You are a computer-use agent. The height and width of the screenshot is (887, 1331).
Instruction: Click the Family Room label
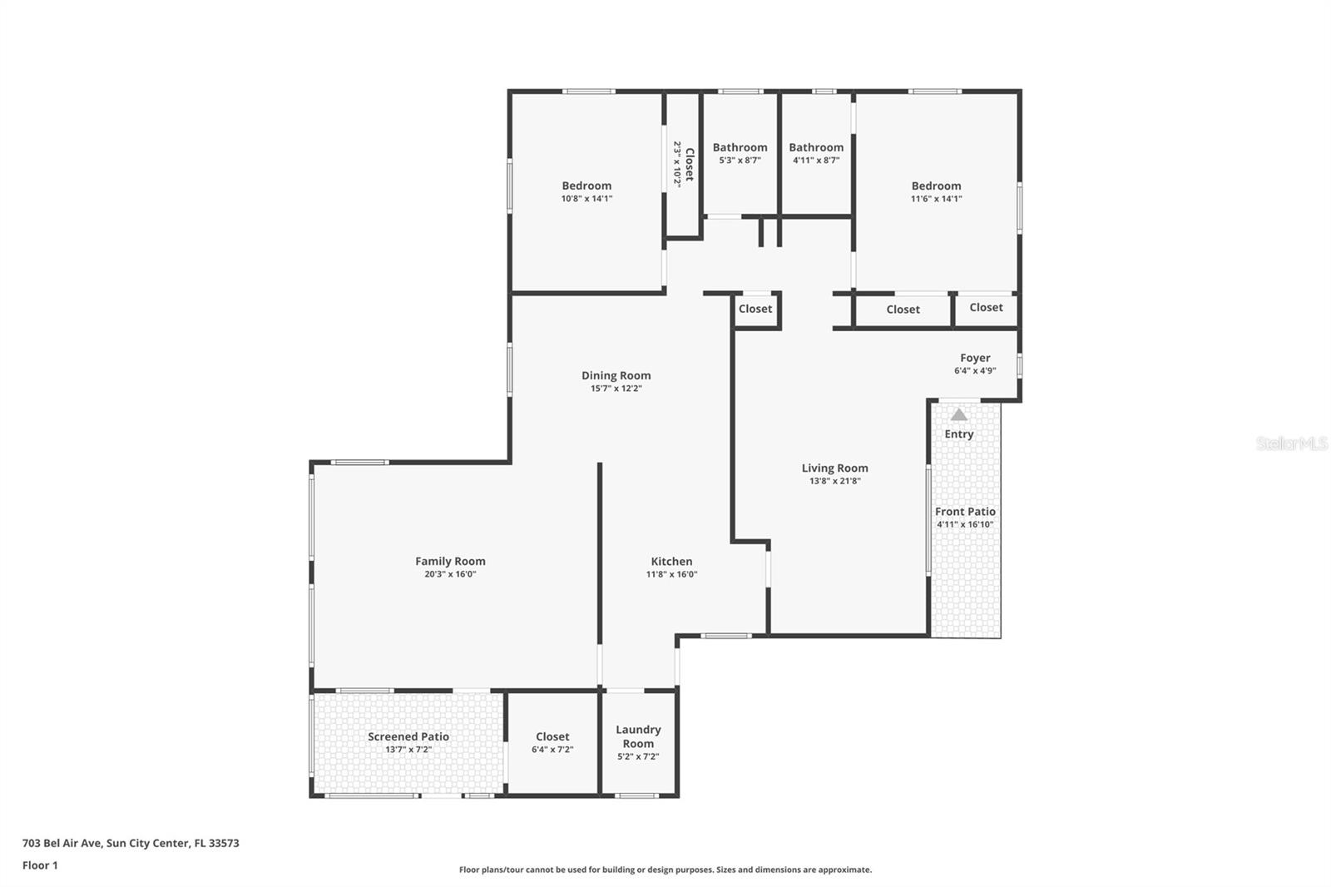tap(450, 561)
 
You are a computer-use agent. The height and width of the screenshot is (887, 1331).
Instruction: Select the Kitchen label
tap(671, 561)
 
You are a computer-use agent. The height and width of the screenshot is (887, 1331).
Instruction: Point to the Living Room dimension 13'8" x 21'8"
tap(834, 481)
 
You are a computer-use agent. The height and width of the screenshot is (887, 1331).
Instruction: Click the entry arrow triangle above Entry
tap(959, 414)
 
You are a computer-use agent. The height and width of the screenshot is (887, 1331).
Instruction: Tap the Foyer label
tap(975, 358)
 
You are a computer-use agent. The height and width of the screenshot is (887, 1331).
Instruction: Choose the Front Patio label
tap(965, 512)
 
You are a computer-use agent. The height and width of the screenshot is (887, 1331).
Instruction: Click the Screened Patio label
tap(408, 736)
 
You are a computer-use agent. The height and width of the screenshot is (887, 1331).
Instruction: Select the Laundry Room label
tap(638, 736)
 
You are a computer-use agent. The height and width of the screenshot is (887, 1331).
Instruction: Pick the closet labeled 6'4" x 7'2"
tap(552, 742)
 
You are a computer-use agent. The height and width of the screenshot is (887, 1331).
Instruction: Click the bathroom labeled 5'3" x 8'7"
tap(740, 153)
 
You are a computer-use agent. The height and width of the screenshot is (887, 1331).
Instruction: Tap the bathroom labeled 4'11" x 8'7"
tap(816, 153)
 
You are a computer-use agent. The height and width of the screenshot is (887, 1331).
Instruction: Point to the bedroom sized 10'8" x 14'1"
tap(586, 191)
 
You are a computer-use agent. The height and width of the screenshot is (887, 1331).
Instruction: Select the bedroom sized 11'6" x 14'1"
tap(936, 191)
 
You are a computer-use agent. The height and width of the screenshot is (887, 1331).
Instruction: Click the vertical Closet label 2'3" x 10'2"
tap(683, 164)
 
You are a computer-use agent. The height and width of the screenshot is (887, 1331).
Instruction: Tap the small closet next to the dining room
tap(755, 309)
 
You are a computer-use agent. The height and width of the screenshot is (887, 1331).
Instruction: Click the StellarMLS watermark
tap(1291, 443)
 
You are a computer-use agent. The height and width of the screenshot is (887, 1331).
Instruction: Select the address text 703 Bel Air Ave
tap(131, 843)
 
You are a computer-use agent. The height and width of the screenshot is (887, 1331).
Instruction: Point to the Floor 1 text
tap(40, 865)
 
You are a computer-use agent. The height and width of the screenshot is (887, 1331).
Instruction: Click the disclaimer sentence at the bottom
tap(665, 870)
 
